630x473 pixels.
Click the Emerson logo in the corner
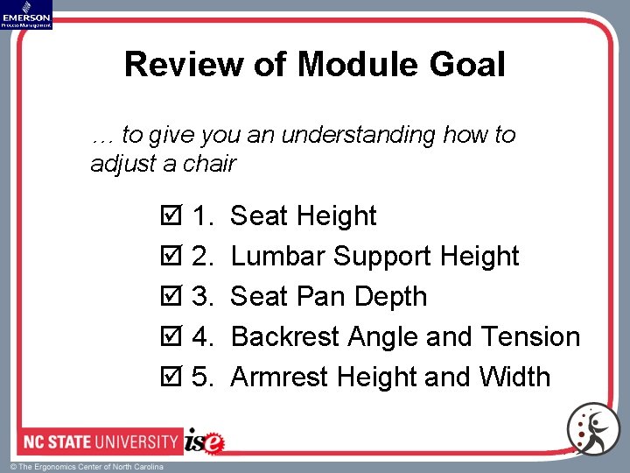pyautogui.click(x=26, y=14)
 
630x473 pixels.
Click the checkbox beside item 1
pyautogui.click(x=171, y=216)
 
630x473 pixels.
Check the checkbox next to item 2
pyautogui.click(x=171, y=257)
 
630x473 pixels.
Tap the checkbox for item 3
pyautogui.click(x=171, y=297)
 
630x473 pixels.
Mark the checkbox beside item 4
pyautogui.click(x=171, y=337)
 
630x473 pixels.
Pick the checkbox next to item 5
pyautogui.click(x=171, y=378)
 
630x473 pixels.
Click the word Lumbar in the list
pyautogui.click(x=278, y=257)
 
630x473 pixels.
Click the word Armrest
pyautogui.click(x=280, y=378)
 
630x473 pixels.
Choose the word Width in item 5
pyautogui.click(x=514, y=378)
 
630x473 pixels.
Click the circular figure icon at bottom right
pyautogui.click(x=592, y=429)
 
